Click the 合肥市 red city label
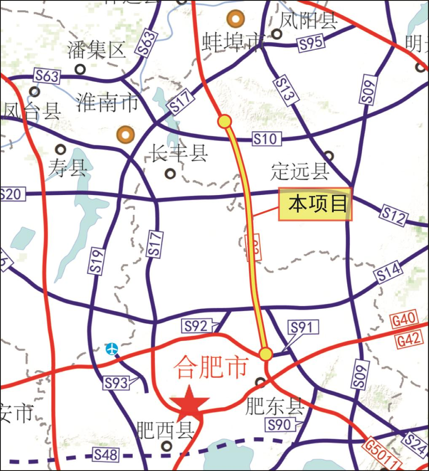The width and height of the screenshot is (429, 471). [210, 367]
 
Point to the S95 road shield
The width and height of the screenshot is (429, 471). [311, 43]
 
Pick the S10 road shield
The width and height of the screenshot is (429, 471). [267, 138]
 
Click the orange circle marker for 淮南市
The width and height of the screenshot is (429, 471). [125, 134]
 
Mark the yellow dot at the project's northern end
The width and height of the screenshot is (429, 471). [225, 122]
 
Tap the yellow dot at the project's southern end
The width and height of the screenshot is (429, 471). [265, 354]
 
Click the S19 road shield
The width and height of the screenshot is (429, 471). [96, 262]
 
